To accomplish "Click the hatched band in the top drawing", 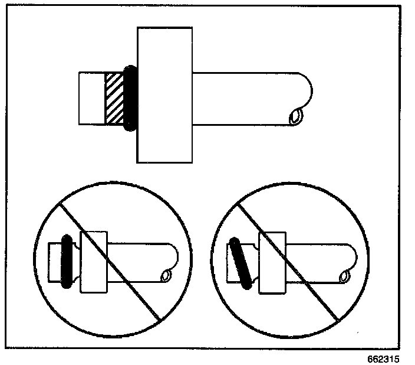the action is click(x=114, y=99).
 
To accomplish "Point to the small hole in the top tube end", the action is click(x=295, y=116).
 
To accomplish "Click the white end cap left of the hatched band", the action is click(x=92, y=99).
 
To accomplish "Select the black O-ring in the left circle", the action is click(x=66, y=261).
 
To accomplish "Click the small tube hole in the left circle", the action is click(x=166, y=274).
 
